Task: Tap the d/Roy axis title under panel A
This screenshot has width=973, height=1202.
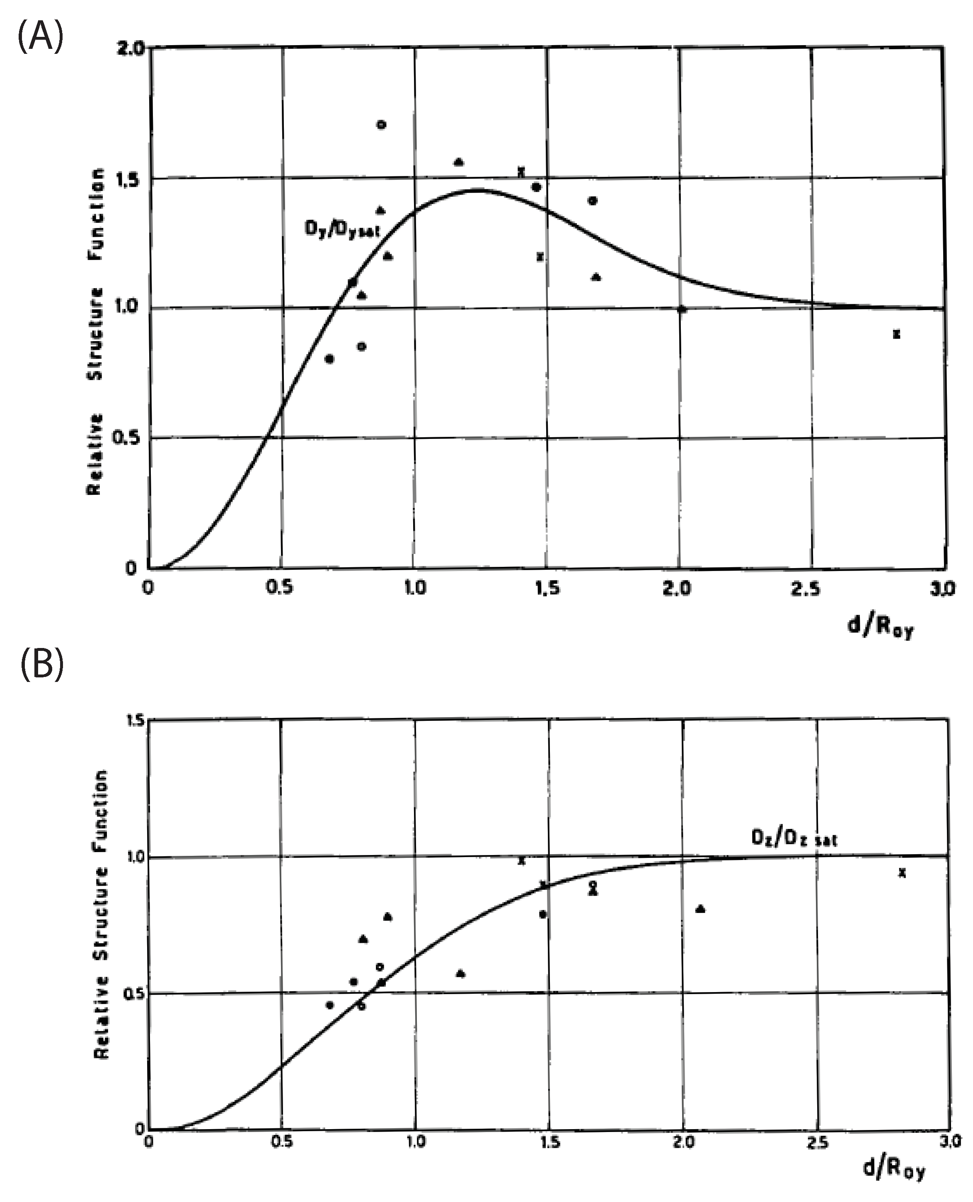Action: (880, 627)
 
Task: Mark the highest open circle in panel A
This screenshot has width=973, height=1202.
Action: (381, 124)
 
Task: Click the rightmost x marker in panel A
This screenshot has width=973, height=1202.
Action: (896, 335)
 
